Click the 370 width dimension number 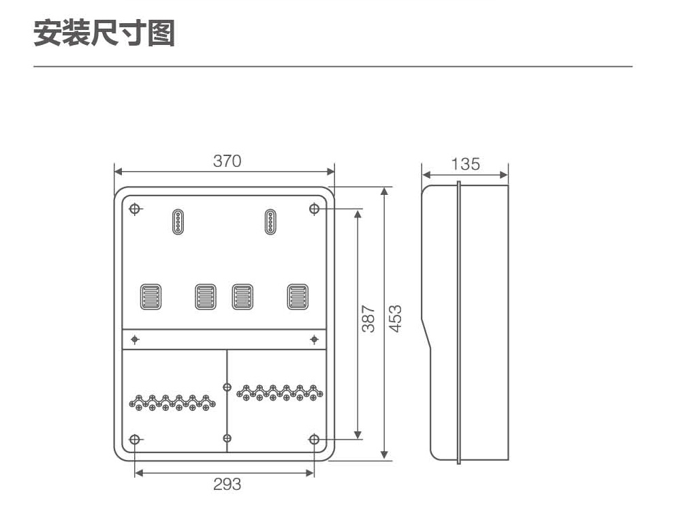pyautogui.click(x=227, y=162)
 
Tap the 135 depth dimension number pyautogui.click(x=466, y=164)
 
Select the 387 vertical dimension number pyautogui.click(x=368, y=319)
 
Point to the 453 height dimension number pyautogui.click(x=395, y=319)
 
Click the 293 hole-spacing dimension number pyautogui.click(x=227, y=485)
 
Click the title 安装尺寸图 pyautogui.click(x=105, y=33)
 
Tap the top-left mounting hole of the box pyautogui.click(x=135, y=209)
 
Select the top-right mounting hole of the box pyautogui.click(x=314, y=209)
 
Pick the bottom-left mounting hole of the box pyautogui.click(x=135, y=440)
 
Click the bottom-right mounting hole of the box pyautogui.click(x=314, y=440)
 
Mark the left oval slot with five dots pyautogui.click(x=178, y=221)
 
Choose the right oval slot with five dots pyautogui.click(x=270, y=221)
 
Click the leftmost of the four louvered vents pyautogui.click(x=151, y=297)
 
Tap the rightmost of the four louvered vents pyautogui.click(x=298, y=297)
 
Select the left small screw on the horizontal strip pyautogui.click(x=135, y=339)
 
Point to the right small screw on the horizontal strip pyautogui.click(x=314, y=339)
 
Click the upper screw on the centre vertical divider pyautogui.click(x=227, y=387)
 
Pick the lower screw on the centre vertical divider pyautogui.click(x=227, y=437)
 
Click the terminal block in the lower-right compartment pyautogui.click(x=280, y=393)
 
